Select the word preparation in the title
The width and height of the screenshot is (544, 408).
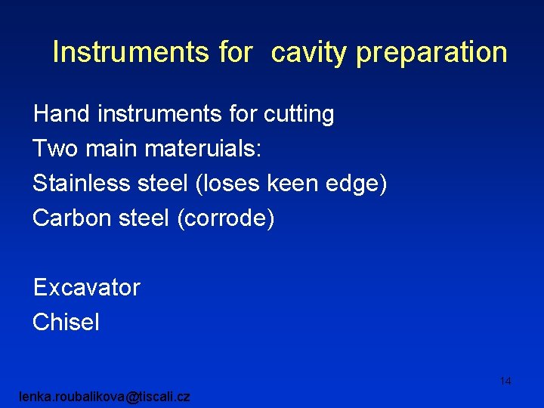pyautogui.click(x=431, y=53)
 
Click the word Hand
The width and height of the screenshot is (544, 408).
pyautogui.click(x=61, y=114)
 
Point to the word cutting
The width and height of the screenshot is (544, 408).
pyautogui.click(x=298, y=115)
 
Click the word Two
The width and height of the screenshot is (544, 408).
pyautogui.click(x=54, y=149)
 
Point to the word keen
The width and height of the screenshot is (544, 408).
pyautogui.click(x=288, y=184)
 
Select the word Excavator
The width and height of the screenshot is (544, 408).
pyautogui.click(x=86, y=287)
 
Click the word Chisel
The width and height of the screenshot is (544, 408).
pyautogui.click(x=66, y=323)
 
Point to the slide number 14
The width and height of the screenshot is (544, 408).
pyautogui.click(x=505, y=381)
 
